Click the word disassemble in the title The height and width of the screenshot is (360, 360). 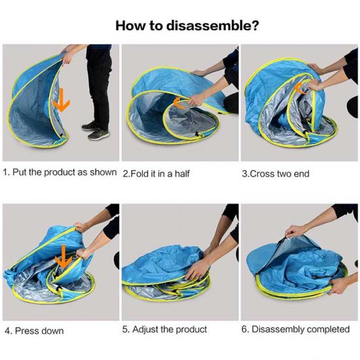(212, 26)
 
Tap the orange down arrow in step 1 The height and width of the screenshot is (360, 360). (62, 100)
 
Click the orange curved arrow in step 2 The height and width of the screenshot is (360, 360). (180, 103)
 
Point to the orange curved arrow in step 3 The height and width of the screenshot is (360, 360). (299, 88)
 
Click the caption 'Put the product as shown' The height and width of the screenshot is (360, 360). (65, 172)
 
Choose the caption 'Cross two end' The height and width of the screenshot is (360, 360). (279, 174)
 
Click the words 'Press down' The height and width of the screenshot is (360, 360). (39, 331)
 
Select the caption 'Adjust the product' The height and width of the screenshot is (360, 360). (170, 329)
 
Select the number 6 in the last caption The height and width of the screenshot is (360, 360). (244, 329)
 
